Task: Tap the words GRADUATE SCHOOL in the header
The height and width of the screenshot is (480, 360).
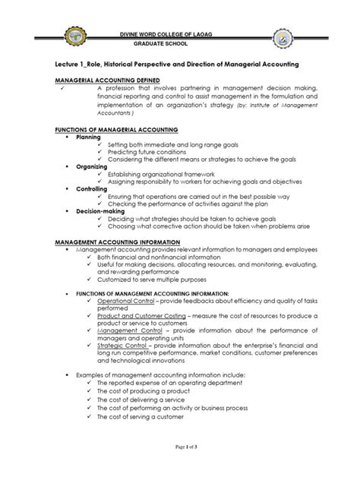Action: click(x=181, y=43)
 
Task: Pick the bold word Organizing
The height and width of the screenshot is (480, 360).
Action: click(x=93, y=166)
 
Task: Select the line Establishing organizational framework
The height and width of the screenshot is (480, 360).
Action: click(x=164, y=174)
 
